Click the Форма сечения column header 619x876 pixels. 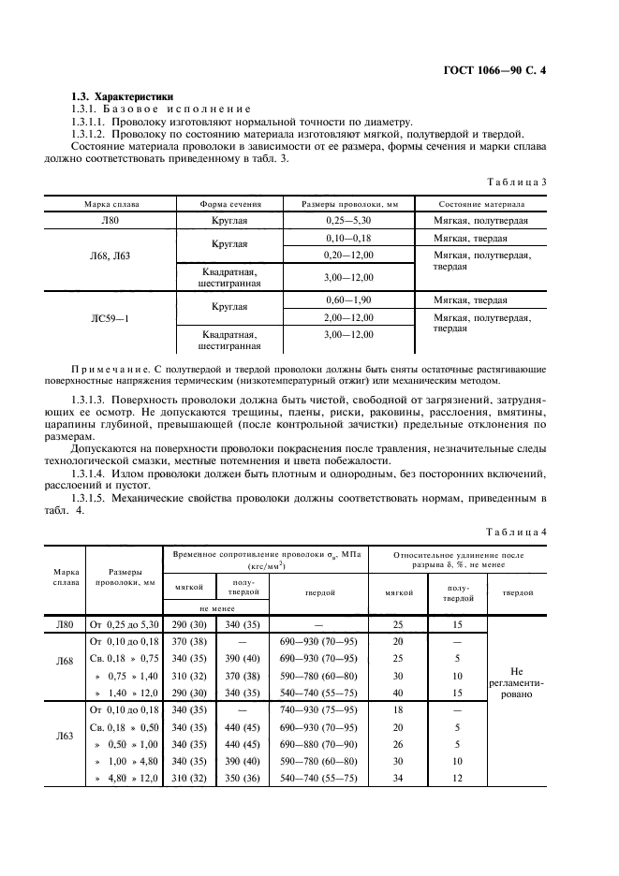(x=230, y=203)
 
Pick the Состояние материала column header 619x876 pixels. (x=481, y=203)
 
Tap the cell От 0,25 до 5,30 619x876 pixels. (x=125, y=623)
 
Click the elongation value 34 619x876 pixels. (x=398, y=778)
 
